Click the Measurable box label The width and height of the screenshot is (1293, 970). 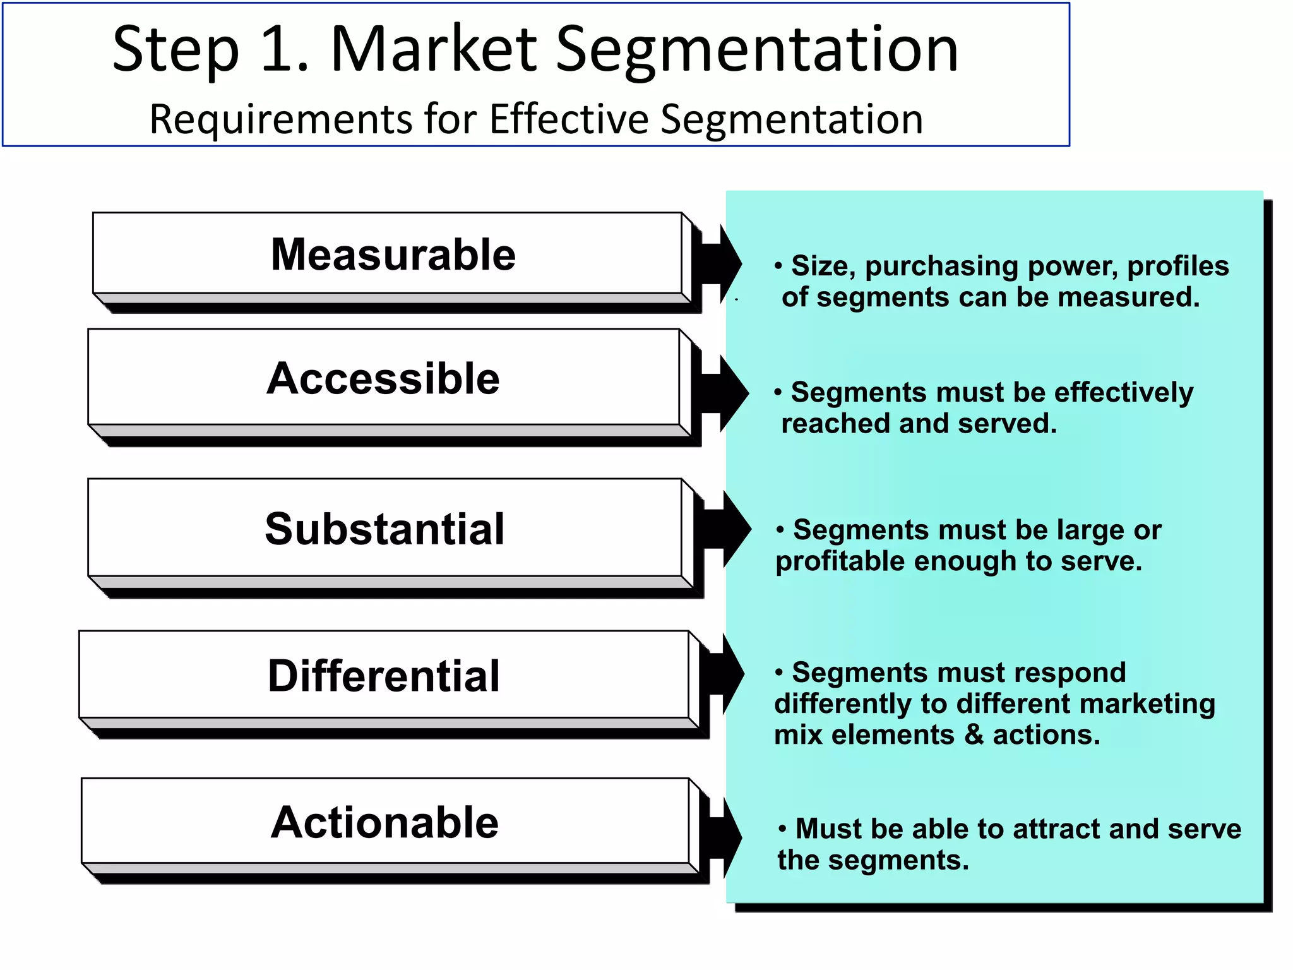click(x=393, y=254)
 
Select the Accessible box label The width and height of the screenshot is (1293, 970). click(x=383, y=378)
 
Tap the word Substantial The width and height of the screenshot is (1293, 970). click(x=384, y=529)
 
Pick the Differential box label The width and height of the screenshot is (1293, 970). click(x=384, y=676)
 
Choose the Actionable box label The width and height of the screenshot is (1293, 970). click(x=384, y=822)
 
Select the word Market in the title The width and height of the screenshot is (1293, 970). click(x=434, y=49)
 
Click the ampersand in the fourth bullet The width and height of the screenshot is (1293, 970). click(x=973, y=735)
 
